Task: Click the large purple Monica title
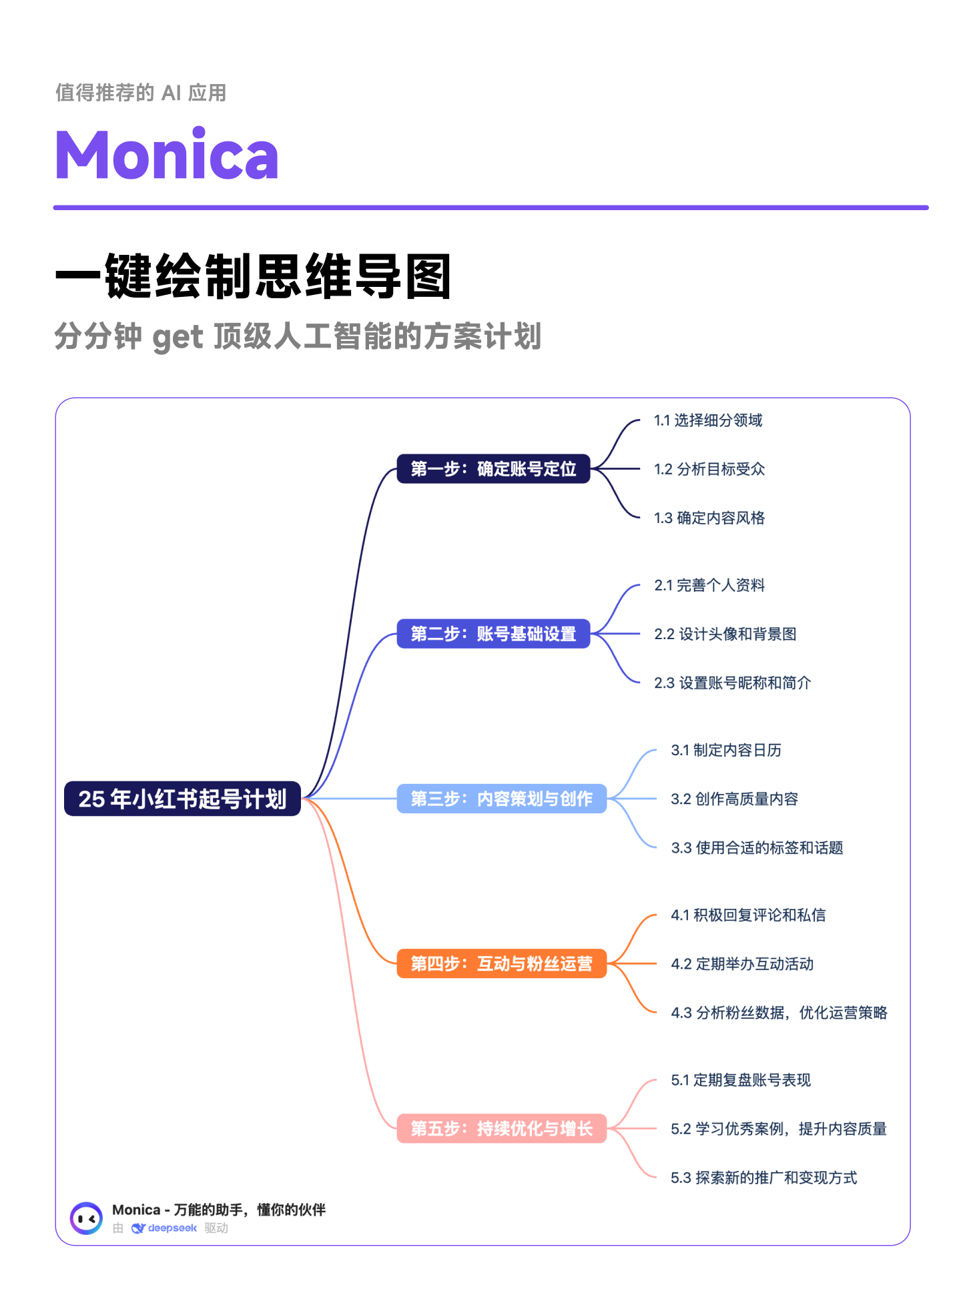167,155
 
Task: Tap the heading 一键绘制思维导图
254,277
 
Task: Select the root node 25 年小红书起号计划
182,799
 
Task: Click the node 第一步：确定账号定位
493,469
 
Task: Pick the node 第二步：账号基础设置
493,634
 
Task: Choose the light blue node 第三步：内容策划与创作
501,799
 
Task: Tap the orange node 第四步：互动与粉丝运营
501,963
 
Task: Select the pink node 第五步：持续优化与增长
501,1128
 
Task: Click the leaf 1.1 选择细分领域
708,420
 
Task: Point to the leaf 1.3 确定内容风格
709,518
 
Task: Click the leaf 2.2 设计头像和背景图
725,634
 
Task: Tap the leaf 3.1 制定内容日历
726,750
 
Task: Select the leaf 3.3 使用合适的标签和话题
757,847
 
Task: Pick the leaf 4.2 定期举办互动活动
742,963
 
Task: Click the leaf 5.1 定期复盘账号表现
741,1079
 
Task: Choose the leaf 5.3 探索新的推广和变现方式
763,1178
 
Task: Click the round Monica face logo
87,1218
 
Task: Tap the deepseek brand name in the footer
172,1228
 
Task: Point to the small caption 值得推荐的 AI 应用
141,93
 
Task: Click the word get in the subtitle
178,337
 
